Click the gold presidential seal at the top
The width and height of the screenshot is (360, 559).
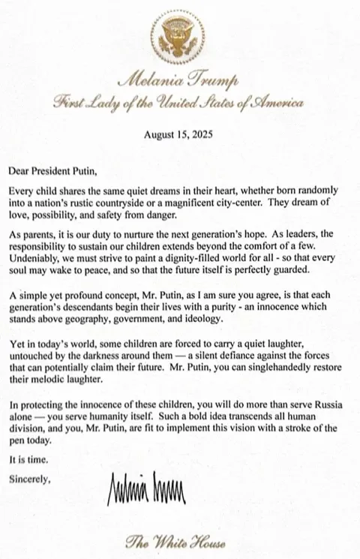point(179,36)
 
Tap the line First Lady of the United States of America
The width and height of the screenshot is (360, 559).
point(179,104)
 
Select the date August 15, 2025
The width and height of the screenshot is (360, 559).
point(179,135)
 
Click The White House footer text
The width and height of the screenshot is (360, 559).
point(179,541)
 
